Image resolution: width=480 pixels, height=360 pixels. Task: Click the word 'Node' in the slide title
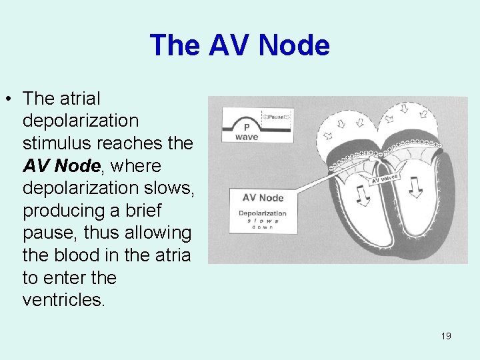(x=294, y=46)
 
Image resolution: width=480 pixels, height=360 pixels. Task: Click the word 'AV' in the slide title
(x=229, y=46)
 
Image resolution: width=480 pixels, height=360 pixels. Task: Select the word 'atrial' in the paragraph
(x=80, y=99)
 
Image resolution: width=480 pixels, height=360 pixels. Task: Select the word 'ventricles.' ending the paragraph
(x=63, y=300)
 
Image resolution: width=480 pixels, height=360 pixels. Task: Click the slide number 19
(x=446, y=336)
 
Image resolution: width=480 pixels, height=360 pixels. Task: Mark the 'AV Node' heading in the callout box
(x=263, y=197)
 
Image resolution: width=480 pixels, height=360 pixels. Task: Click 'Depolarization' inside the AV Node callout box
(x=263, y=213)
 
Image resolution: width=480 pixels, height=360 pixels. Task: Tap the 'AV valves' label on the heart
(x=385, y=178)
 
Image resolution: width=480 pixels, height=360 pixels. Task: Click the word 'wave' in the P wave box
(x=247, y=137)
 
